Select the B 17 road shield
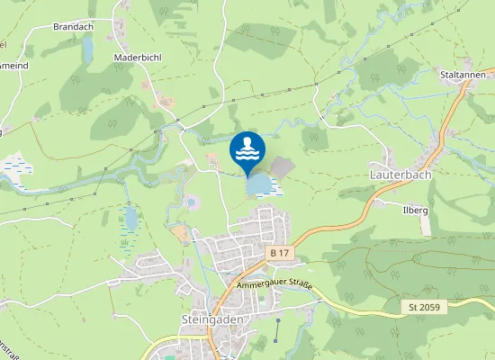[x=280, y=254]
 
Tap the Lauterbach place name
[x=400, y=174]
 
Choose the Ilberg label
[x=415, y=210]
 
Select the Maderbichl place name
[x=138, y=57]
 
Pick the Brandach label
[x=74, y=28]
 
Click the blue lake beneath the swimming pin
[x=260, y=184]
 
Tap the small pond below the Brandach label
[x=87, y=50]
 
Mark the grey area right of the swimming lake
[x=282, y=166]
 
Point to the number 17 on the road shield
[x=284, y=254]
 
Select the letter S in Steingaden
[x=184, y=319]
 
